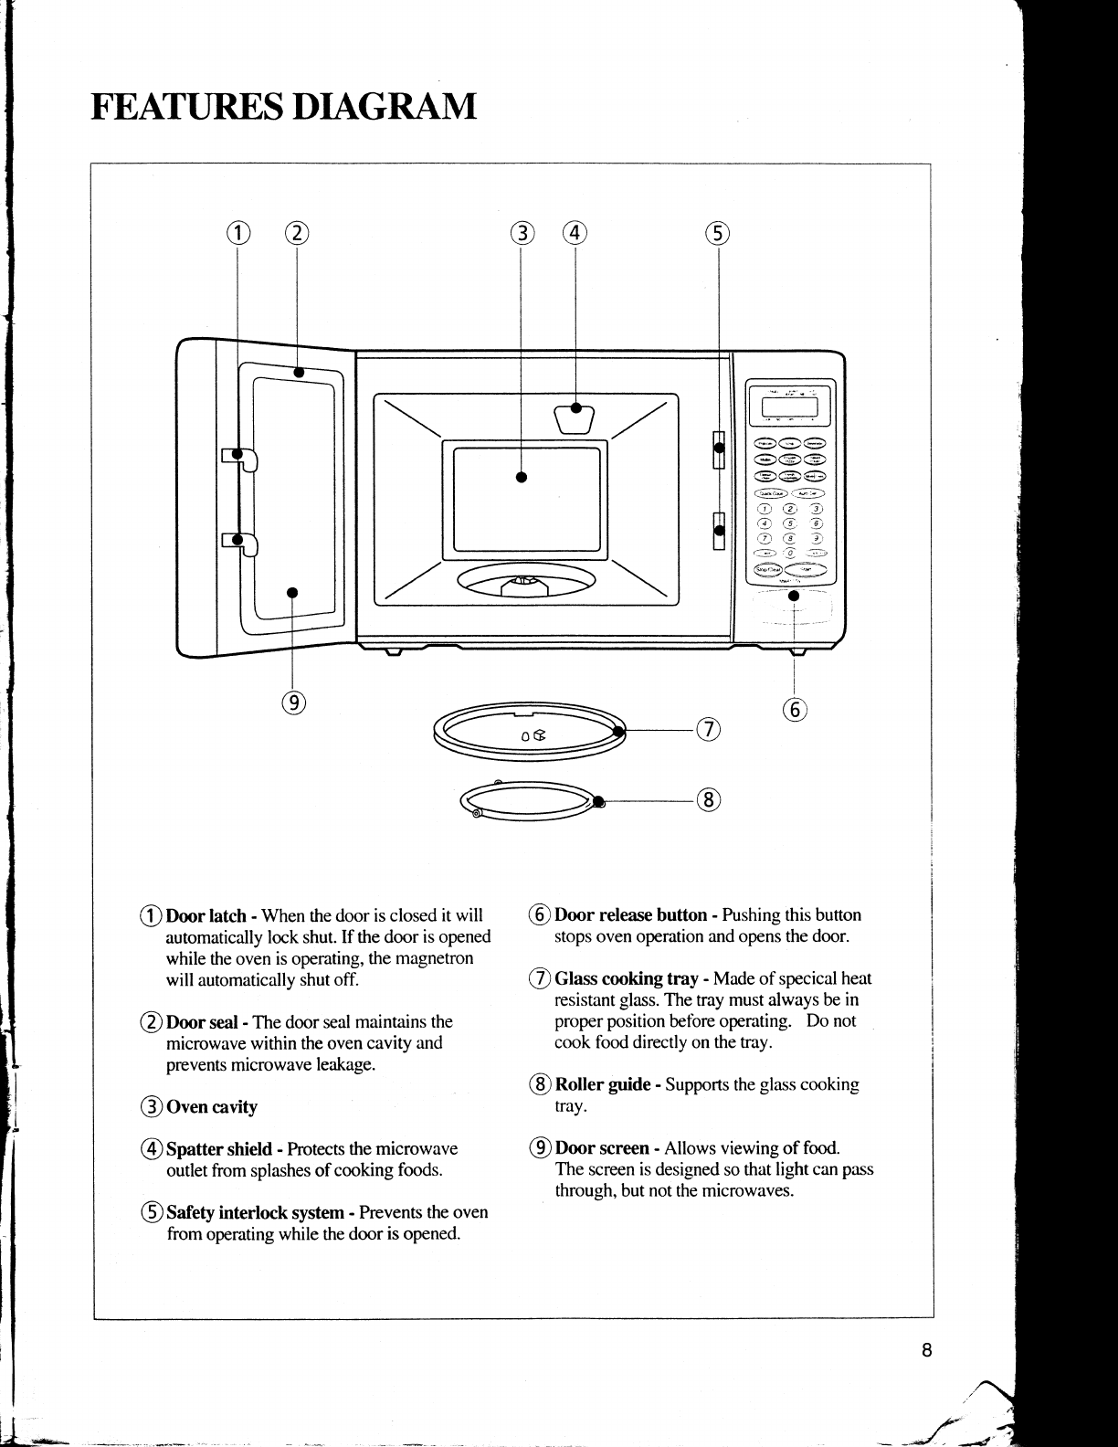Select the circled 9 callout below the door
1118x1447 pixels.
point(293,702)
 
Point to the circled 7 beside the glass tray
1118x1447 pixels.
point(709,729)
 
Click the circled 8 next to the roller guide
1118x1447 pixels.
point(709,800)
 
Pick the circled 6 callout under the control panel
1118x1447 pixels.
point(796,709)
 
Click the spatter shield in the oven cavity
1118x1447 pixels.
point(575,418)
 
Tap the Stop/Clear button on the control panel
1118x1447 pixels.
point(767,571)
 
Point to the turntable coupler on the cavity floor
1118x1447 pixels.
point(524,582)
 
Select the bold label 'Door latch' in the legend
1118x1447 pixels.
point(206,915)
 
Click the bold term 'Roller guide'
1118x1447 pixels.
point(603,1084)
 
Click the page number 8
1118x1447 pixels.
point(926,1350)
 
